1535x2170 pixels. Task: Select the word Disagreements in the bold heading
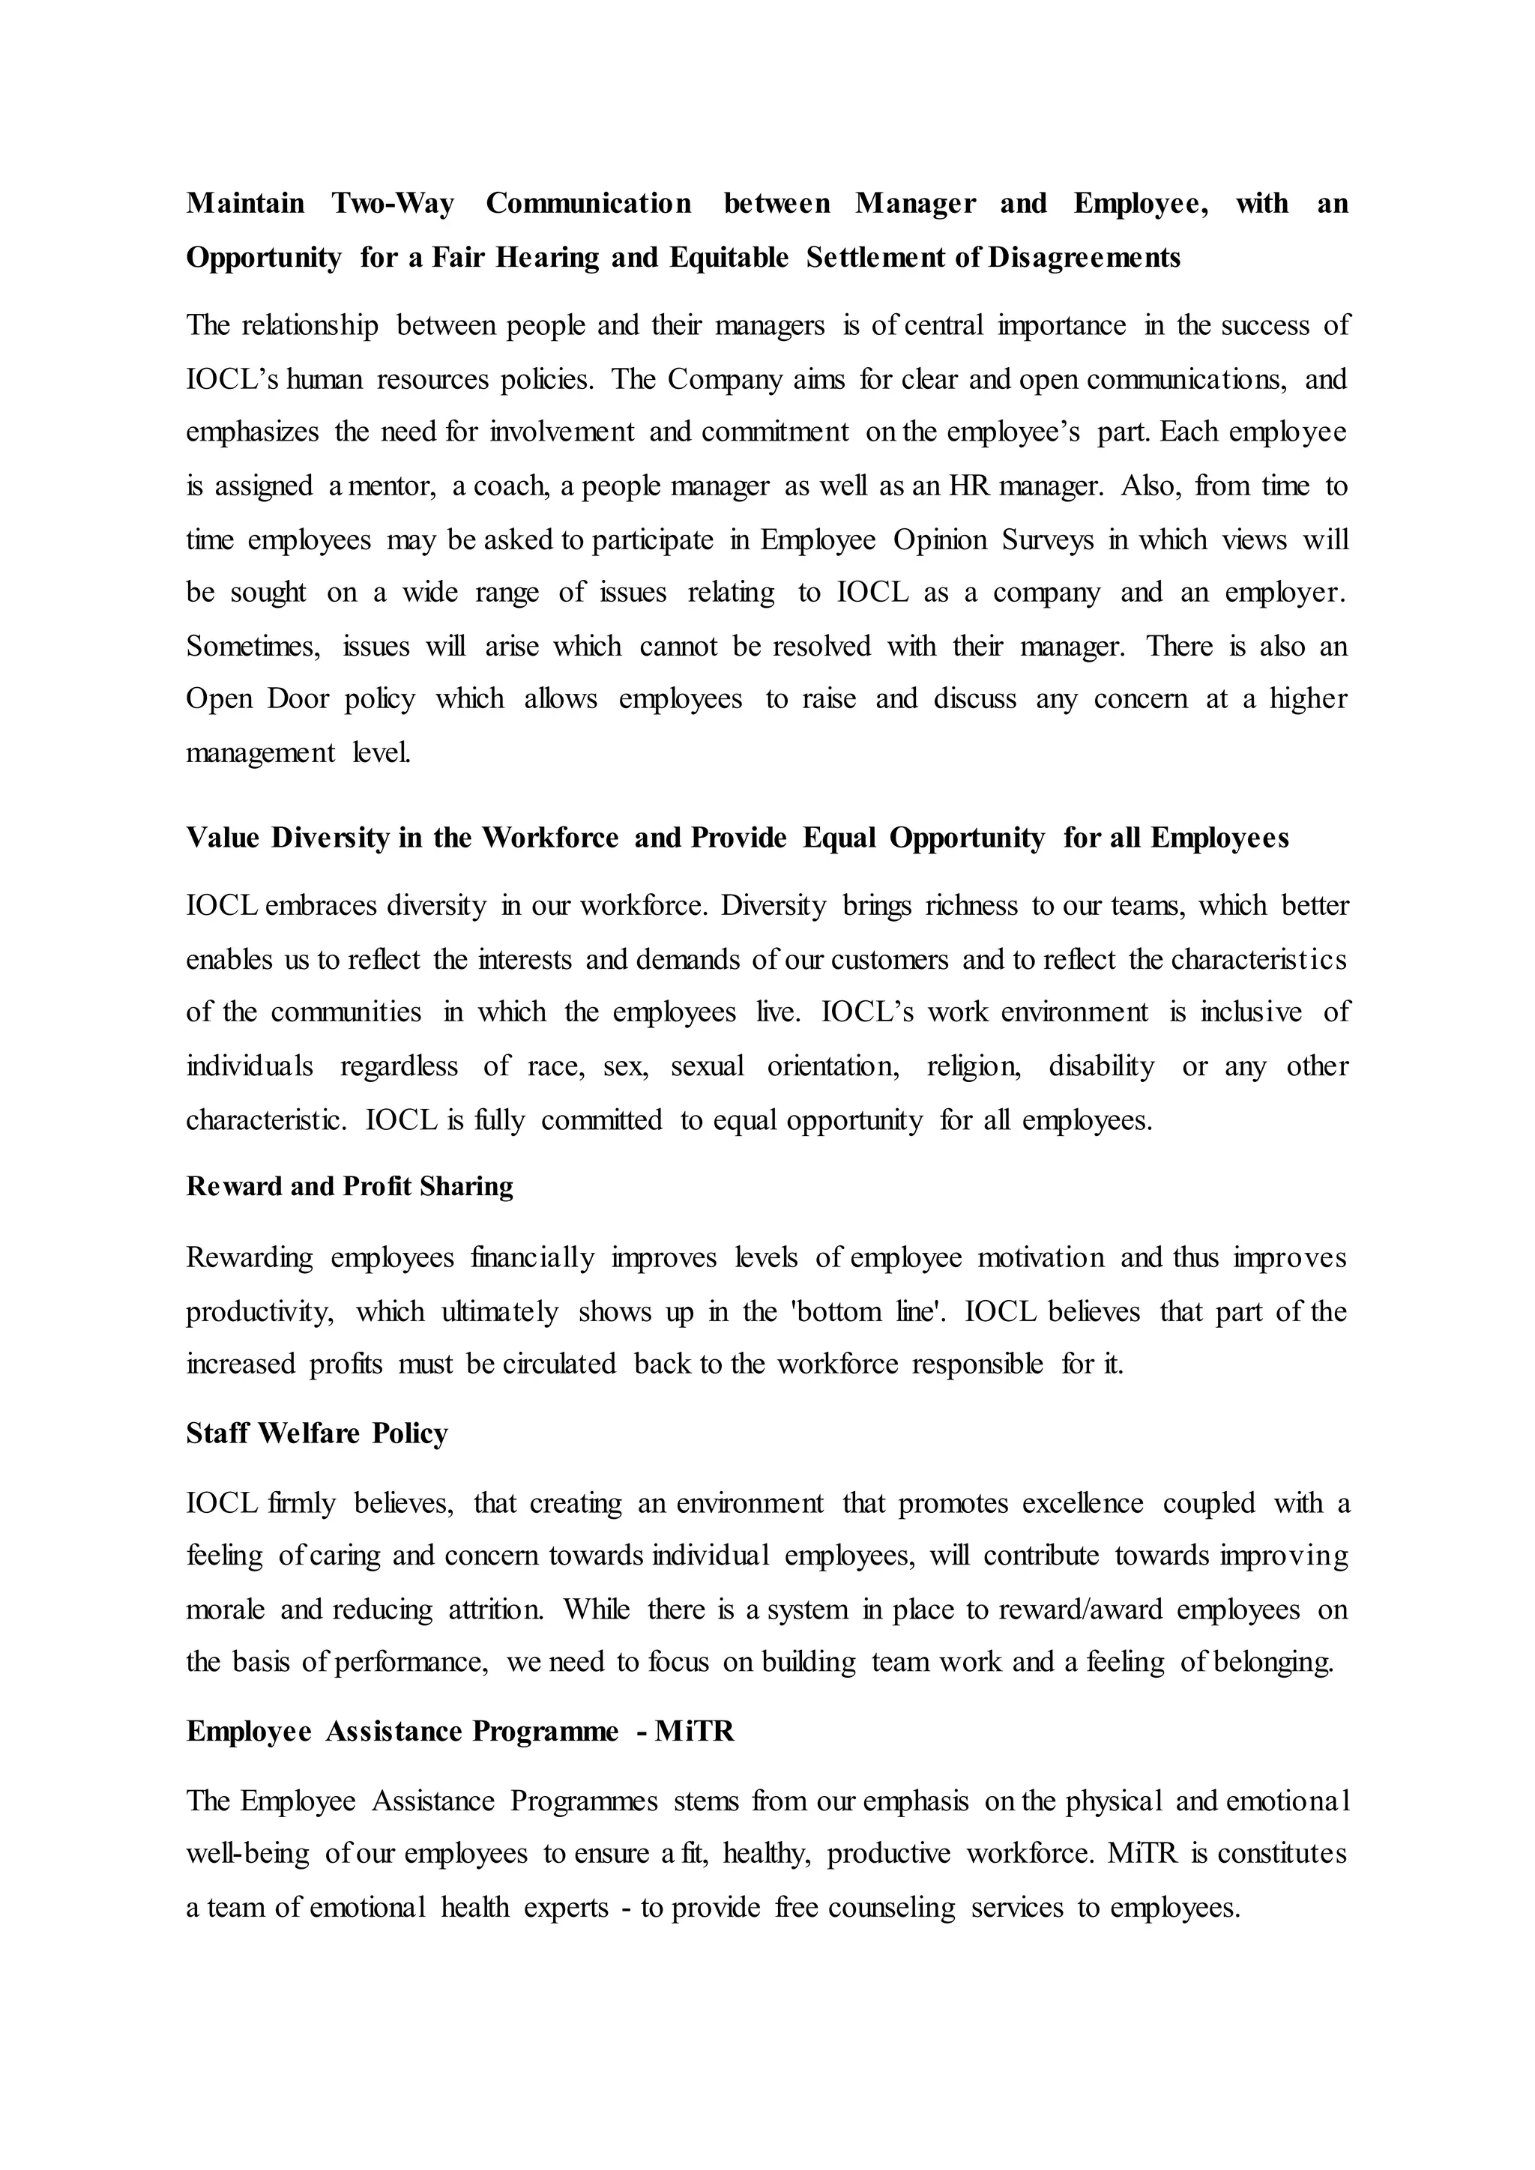(1084, 258)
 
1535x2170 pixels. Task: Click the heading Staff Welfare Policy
(316, 1433)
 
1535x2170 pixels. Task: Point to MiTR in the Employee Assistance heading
(695, 1732)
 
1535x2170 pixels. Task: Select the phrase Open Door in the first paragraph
(257, 699)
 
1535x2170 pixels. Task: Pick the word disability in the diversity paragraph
(1101, 1067)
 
